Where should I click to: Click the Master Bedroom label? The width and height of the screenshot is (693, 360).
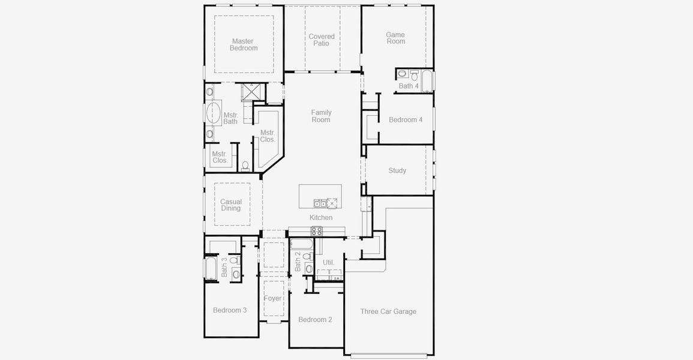244,45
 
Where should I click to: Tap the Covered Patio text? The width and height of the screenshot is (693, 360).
322,40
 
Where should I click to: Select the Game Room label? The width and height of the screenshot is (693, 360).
395,38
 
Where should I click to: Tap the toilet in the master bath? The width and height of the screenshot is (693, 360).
245,166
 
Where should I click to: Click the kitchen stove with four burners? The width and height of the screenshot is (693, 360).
316,231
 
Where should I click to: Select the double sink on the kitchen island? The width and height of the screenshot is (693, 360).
322,203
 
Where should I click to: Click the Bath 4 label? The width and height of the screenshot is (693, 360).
409,86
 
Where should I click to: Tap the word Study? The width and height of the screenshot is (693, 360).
397,171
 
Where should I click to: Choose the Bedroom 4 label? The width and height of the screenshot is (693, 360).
406,120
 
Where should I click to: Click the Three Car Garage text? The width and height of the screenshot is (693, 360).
388,311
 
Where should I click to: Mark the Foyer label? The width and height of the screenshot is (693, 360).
273,298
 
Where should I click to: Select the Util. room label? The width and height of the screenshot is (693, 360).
329,262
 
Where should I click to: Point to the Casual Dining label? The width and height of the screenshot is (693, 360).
231,205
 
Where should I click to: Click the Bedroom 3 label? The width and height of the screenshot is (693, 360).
230,310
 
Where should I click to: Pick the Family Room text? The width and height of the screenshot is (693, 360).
321,116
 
